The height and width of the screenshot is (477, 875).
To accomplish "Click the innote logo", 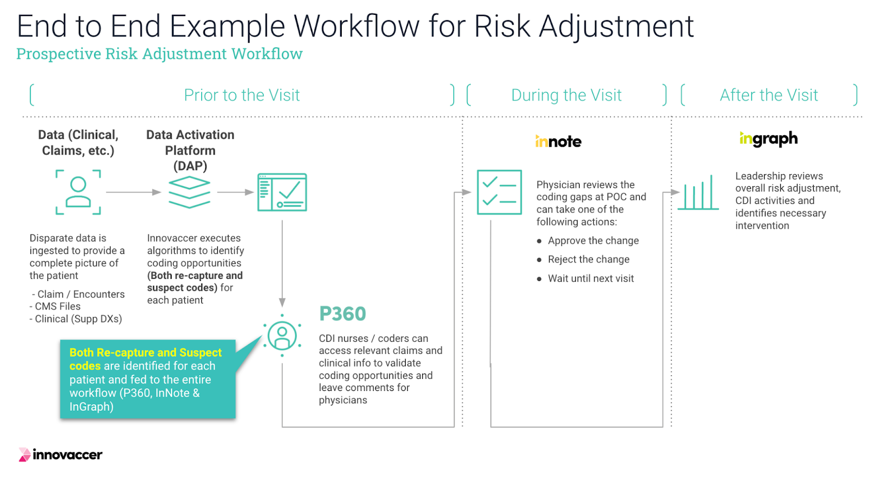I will (558, 141).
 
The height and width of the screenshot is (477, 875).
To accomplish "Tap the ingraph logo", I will (768, 139).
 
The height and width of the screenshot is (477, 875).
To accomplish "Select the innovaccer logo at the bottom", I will (61, 455).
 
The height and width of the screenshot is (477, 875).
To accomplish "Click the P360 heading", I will (342, 314).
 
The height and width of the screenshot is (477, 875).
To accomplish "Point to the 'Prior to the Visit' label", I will (242, 95).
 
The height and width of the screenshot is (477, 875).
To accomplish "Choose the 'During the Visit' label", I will (566, 95).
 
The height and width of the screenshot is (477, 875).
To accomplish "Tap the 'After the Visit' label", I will (769, 95).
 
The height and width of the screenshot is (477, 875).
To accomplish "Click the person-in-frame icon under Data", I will (78, 192).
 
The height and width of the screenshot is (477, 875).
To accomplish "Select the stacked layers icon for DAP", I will (189, 192).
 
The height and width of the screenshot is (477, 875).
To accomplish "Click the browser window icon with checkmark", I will (282, 192).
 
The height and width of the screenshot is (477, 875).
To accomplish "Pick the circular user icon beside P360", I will (282, 336).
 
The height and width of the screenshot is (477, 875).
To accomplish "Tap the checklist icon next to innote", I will (499, 192).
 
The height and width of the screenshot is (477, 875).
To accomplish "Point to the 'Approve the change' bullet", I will (593, 240).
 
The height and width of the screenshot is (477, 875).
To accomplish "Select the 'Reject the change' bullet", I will (588, 259).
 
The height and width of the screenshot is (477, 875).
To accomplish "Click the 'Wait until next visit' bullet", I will (591, 278).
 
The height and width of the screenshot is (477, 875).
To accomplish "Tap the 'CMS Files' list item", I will (57, 306).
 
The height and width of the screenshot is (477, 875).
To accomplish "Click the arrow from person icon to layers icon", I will (133, 192).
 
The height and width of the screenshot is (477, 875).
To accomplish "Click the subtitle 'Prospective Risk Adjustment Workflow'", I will (159, 54).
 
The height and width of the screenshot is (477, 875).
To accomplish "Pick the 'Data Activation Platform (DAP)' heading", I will (190, 150).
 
